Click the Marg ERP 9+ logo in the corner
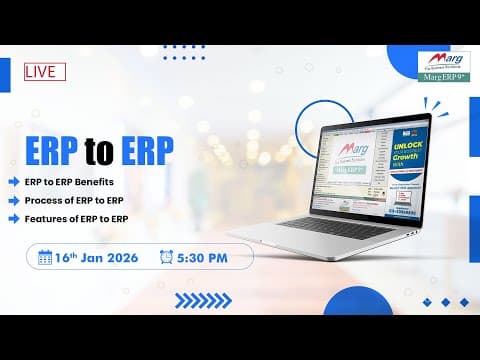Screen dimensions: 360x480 click(446, 67)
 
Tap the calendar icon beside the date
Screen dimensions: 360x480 click(44, 257)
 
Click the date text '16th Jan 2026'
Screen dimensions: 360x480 click(98, 257)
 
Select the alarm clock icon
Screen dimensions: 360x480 click(166, 257)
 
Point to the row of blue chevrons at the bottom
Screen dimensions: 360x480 click(203, 300)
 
